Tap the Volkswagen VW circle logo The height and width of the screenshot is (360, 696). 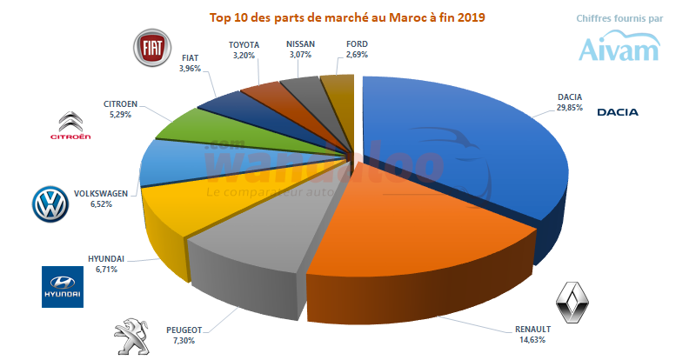coord(50,204)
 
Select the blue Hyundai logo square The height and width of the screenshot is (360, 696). coord(64,287)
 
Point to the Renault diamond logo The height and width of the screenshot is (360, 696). coord(574,306)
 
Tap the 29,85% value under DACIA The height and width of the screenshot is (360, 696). coord(570,108)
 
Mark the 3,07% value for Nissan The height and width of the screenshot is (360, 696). coord(300,55)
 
